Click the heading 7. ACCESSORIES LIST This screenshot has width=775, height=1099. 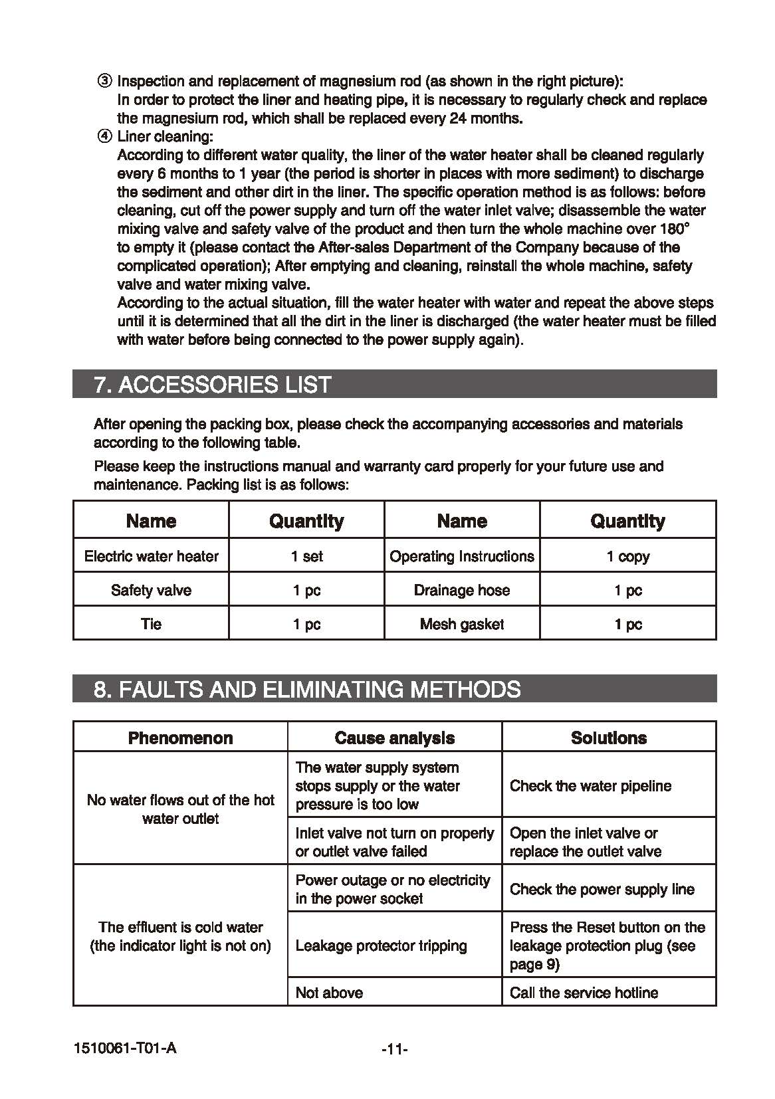tap(213, 385)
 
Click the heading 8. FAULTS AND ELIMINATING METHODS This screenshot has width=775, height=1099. tap(307, 689)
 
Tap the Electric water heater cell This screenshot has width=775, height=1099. tap(152, 556)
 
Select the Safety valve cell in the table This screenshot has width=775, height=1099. tap(152, 590)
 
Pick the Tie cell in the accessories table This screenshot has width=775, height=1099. tap(152, 624)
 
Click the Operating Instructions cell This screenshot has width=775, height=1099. tap(462, 556)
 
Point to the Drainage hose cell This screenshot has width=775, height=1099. tap(462, 590)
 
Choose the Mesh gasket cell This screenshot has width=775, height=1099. tap(462, 624)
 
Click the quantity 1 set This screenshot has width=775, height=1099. tap(307, 556)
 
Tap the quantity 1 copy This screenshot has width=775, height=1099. tap(628, 556)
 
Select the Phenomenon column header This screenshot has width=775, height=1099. tap(181, 738)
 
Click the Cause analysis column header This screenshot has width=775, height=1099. tap(395, 738)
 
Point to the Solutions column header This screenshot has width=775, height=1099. tap(609, 738)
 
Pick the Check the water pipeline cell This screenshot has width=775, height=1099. tap(591, 785)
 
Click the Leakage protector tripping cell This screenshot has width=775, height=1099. tap(382, 946)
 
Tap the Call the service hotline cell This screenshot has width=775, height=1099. tap(584, 993)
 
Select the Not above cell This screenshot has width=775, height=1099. tap(330, 993)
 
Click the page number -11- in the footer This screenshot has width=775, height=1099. tap(395, 1050)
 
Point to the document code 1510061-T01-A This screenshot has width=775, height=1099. tap(126, 1049)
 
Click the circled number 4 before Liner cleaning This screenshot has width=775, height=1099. tap(105, 137)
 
